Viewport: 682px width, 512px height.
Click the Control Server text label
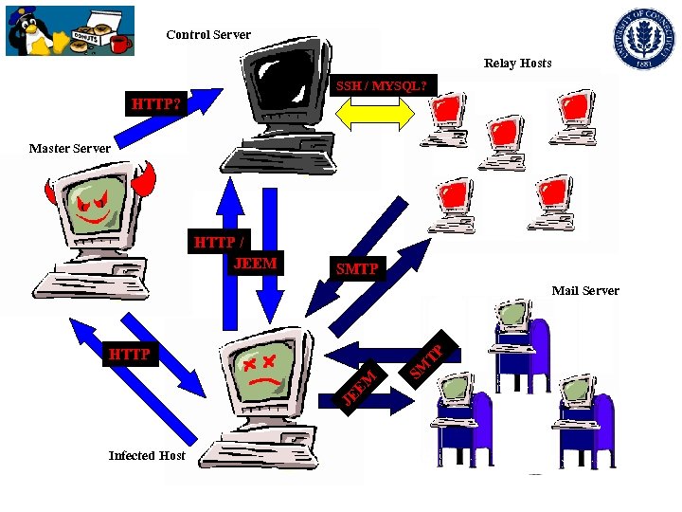pos(208,35)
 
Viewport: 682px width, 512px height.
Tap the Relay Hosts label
pos(517,64)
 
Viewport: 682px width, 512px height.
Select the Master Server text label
pos(69,148)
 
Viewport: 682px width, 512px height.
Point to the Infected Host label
pos(147,456)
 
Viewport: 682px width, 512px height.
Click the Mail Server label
pos(585,291)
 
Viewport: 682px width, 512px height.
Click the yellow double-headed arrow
pos(375,113)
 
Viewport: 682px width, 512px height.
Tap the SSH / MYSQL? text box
pos(382,86)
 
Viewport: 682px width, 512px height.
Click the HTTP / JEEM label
pos(236,253)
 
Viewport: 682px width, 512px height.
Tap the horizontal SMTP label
pos(357,270)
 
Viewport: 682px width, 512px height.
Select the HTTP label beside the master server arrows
pos(130,355)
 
